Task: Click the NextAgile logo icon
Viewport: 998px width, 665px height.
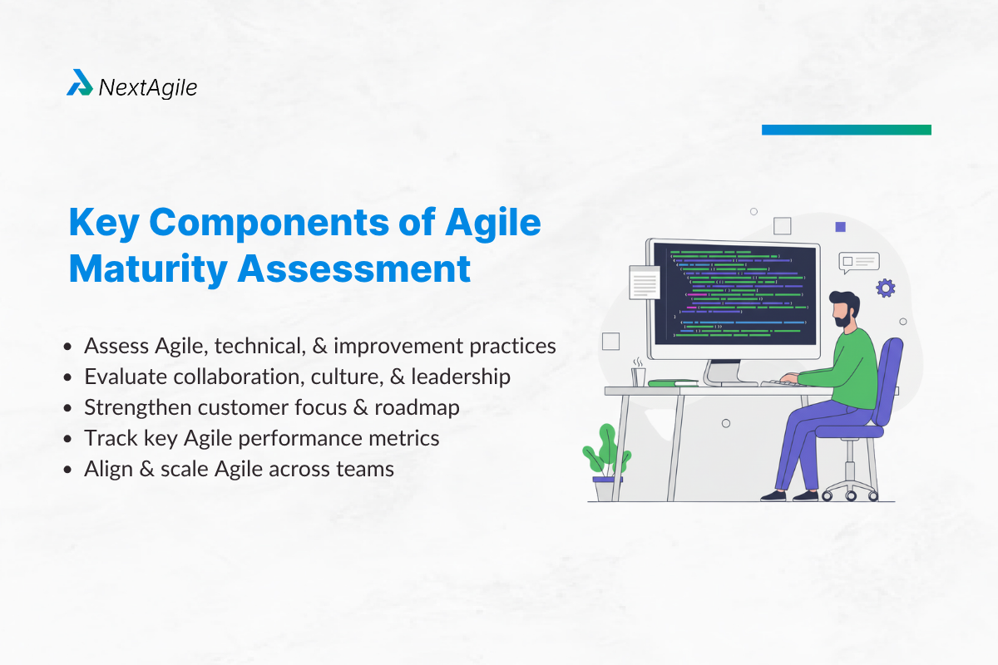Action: [80, 82]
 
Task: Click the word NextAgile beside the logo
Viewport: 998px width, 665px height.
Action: [148, 87]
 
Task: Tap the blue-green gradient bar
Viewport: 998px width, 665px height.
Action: [846, 130]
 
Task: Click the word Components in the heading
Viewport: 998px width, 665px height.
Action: [269, 223]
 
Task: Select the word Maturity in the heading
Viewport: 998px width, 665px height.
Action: [148, 269]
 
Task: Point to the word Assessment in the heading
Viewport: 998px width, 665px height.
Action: [353, 269]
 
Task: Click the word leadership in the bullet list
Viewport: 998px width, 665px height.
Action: [461, 377]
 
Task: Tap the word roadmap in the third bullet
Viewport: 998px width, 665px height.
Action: [417, 408]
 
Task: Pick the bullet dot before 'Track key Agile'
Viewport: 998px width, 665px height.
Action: [67, 439]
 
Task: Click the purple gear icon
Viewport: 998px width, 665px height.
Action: [885, 288]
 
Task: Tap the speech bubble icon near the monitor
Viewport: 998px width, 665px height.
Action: [858, 263]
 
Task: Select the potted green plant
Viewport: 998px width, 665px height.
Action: [606, 462]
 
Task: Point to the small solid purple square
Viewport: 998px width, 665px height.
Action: [840, 227]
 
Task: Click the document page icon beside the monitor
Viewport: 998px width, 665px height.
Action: [645, 283]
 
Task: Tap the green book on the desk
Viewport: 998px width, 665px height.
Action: [673, 382]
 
